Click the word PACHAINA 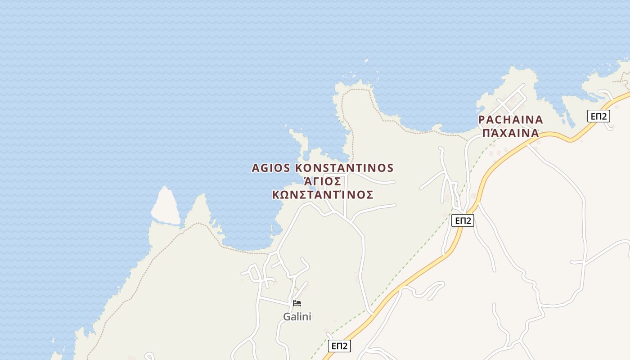510,120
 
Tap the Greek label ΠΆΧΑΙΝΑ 510,133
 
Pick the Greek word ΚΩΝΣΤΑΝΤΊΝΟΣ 323,195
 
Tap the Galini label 297,317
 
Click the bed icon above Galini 297,303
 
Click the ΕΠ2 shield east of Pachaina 598,116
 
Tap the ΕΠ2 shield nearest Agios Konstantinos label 463,220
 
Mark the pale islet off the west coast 165,206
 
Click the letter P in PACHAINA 481,120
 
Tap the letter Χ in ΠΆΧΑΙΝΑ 505,133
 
